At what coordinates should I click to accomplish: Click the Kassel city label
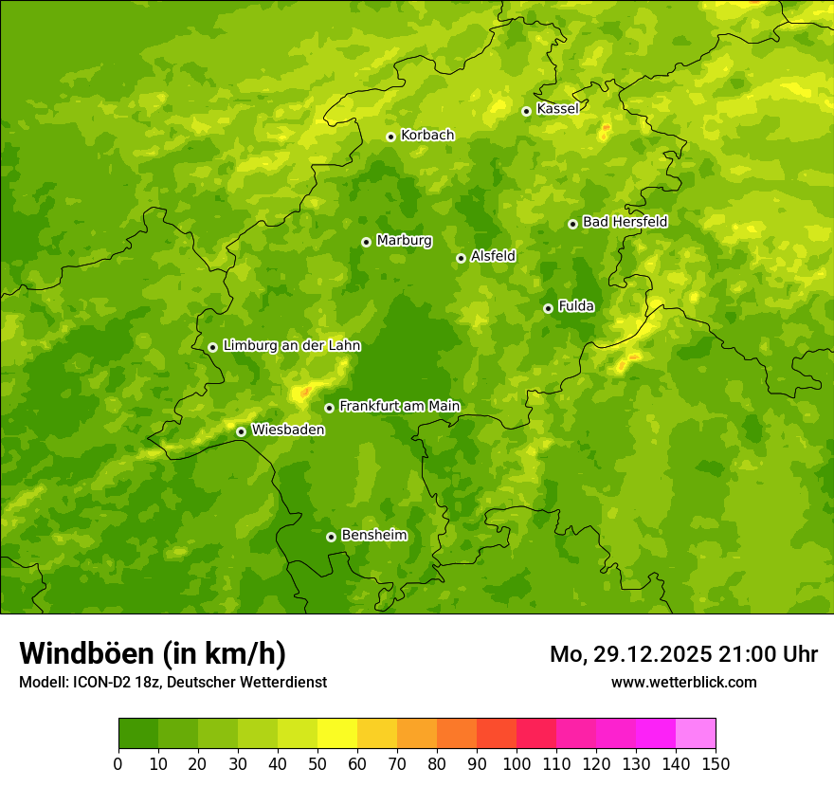tap(557, 109)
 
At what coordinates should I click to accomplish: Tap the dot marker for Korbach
tap(390, 137)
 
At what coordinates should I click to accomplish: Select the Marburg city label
tap(404, 241)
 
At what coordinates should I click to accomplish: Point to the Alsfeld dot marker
tap(461, 258)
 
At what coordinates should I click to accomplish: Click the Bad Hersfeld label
tap(625, 222)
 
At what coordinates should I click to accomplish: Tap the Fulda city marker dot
tap(548, 308)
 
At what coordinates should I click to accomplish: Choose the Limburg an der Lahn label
tap(291, 346)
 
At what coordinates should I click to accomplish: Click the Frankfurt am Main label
tap(399, 406)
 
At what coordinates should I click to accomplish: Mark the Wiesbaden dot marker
tap(241, 431)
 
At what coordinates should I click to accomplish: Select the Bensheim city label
tap(373, 535)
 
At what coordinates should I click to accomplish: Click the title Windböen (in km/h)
tap(152, 653)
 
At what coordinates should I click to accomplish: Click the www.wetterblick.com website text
tap(683, 682)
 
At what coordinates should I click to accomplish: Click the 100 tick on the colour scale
tap(517, 763)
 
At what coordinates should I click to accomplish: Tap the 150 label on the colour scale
tap(716, 763)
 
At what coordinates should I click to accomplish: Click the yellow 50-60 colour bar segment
tap(337, 734)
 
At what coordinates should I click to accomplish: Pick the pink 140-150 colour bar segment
tap(696, 734)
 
